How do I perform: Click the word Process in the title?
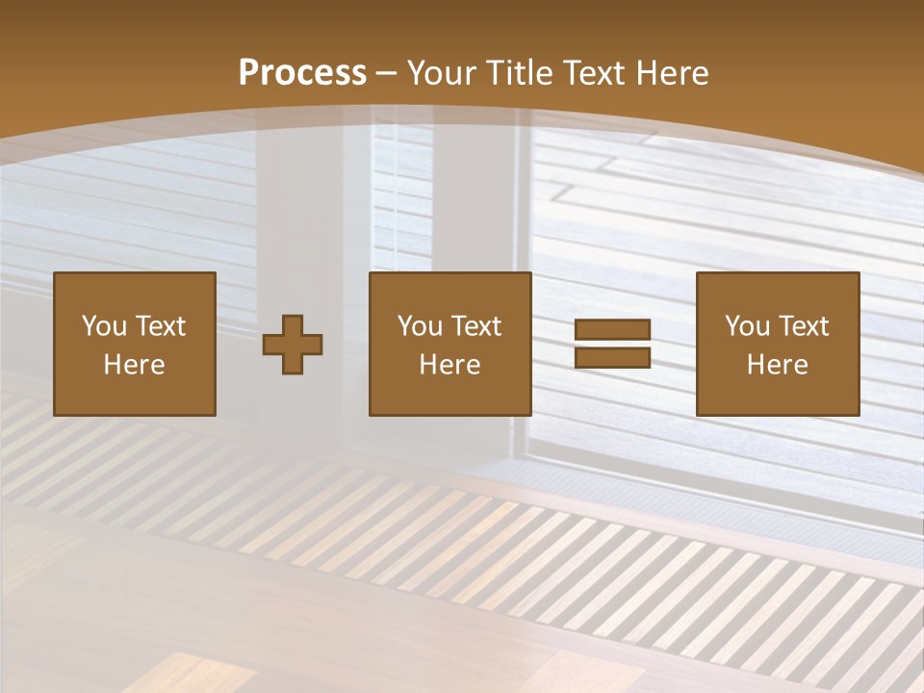[x=302, y=73]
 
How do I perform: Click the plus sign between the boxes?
[x=293, y=344]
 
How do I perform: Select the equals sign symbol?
[x=612, y=344]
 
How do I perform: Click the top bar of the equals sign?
[x=612, y=329]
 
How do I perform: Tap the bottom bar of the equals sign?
[x=612, y=358]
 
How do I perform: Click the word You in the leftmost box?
[x=104, y=326]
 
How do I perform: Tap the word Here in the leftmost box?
[x=134, y=365]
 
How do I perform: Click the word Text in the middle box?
[x=475, y=326]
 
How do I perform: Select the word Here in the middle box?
[x=449, y=365]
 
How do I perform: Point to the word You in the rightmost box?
[x=747, y=326]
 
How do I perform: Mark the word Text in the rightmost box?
[x=803, y=326]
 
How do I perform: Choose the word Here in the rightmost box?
[x=777, y=365]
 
